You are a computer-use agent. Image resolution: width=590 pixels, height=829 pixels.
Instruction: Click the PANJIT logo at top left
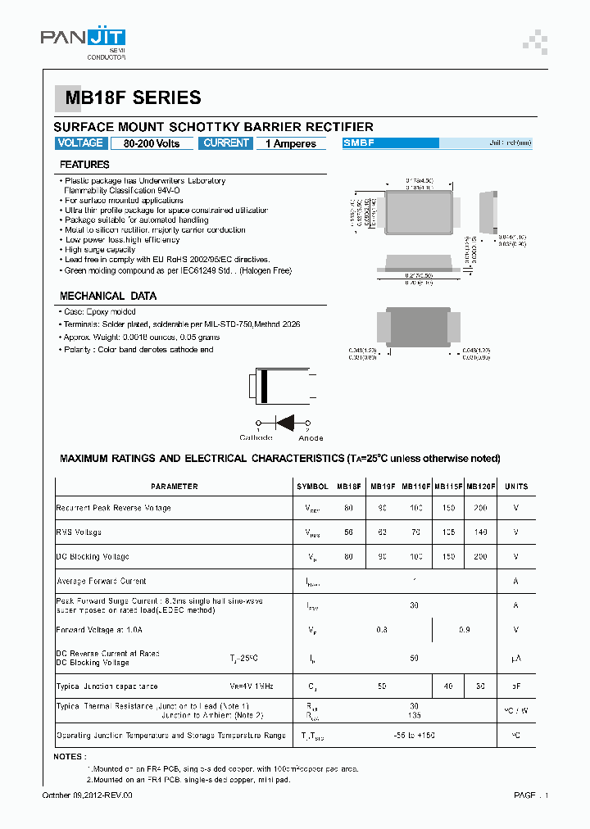click(x=83, y=38)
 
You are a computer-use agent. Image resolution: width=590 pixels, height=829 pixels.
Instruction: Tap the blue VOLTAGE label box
click(x=80, y=143)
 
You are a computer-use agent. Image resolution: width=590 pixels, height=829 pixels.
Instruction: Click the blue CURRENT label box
click(x=226, y=143)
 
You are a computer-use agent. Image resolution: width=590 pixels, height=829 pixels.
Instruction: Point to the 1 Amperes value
click(x=290, y=144)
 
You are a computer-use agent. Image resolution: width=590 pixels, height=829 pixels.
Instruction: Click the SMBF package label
click(x=360, y=143)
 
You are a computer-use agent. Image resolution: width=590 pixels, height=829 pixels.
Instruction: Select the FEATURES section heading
click(x=84, y=165)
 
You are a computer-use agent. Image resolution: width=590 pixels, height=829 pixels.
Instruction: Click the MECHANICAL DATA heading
click(x=108, y=296)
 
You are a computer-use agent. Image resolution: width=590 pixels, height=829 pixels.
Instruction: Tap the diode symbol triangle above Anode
click(x=285, y=423)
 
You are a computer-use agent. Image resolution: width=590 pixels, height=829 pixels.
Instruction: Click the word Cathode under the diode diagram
click(x=256, y=437)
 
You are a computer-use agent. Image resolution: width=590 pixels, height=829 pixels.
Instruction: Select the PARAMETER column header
click(x=174, y=487)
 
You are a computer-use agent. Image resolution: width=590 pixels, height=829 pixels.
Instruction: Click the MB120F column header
click(x=480, y=487)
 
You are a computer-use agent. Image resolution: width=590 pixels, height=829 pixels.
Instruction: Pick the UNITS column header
click(x=516, y=487)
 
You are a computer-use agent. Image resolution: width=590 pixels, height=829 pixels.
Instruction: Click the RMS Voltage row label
click(x=79, y=532)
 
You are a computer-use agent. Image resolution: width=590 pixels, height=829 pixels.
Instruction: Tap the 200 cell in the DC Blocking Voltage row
click(x=480, y=557)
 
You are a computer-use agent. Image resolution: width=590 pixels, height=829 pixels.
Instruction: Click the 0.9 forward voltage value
click(x=465, y=630)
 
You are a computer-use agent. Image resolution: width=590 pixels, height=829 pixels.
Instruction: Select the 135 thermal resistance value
click(x=415, y=714)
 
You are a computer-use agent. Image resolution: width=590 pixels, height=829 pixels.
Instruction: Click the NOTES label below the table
click(x=69, y=756)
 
